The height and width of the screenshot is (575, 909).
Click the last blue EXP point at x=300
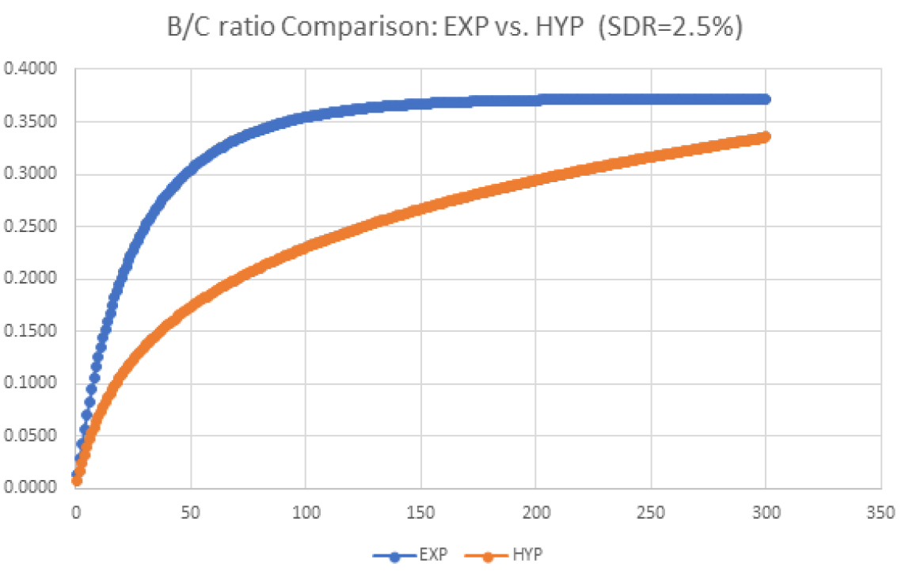(x=766, y=99)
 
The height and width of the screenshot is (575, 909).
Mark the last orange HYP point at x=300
(x=766, y=137)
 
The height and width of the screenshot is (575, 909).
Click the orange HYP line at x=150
(x=420, y=209)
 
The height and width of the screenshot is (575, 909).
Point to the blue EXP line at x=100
(x=306, y=116)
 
